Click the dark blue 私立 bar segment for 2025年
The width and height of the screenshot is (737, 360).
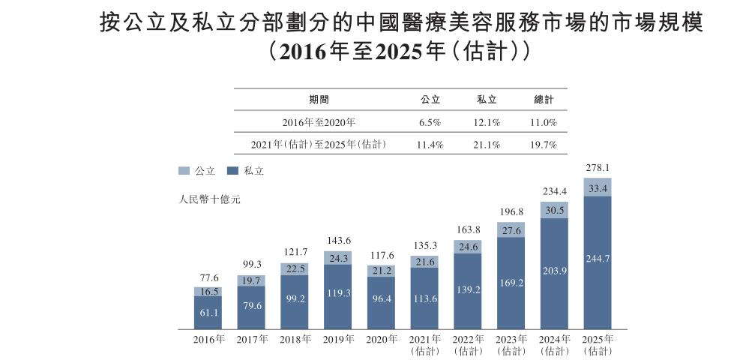pos(597,262)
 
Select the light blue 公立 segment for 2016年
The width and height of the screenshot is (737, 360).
pos(208,291)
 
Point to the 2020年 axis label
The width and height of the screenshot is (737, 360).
pos(381,340)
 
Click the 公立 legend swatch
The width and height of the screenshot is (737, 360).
pos(184,171)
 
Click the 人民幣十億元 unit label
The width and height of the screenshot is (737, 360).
pos(210,200)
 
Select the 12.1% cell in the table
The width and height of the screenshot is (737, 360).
pos(487,121)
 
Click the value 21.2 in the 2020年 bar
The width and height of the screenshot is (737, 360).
pos(381,271)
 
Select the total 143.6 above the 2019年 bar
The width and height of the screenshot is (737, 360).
pos(337,241)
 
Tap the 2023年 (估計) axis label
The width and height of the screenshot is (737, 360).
pos(511,345)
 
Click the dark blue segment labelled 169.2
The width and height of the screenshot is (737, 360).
pos(511,283)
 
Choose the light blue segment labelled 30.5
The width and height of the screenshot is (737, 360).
pos(554,210)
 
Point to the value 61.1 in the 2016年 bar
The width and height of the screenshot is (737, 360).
pos(208,312)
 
